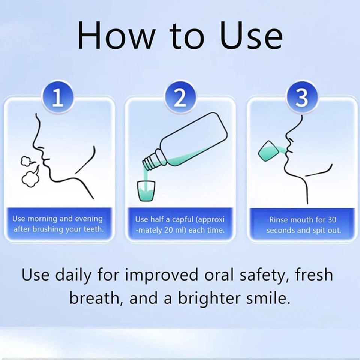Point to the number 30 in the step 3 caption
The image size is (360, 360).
[332, 219]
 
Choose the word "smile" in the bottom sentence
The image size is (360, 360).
[268, 298]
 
